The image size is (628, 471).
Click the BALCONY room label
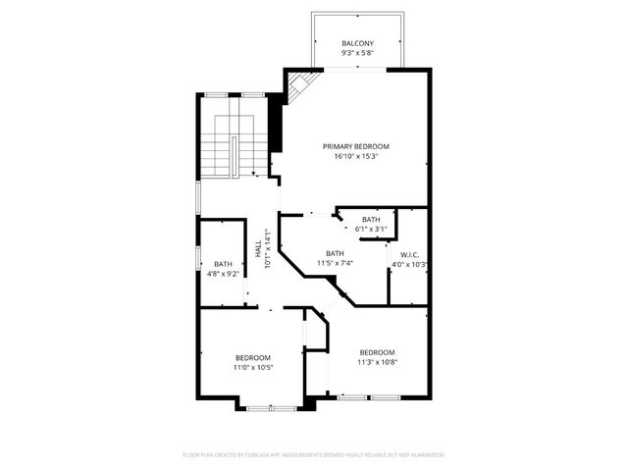coord(356,44)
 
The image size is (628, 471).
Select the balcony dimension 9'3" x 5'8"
coord(356,54)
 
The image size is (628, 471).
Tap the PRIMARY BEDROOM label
coord(355,146)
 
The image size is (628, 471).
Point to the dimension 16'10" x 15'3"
coord(355,156)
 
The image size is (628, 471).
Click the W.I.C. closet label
coord(409,254)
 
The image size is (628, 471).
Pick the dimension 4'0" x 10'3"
coord(410,264)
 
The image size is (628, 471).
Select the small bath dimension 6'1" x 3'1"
coord(370,229)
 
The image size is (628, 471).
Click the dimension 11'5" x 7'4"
coord(336,263)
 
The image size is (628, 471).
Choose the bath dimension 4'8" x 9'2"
coord(223,274)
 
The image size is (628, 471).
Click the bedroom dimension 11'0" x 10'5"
coord(252,367)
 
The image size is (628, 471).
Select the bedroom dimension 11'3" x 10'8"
coord(377,362)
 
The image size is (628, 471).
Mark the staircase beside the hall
coord(233,144)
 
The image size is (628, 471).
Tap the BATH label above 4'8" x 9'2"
coord(223,263)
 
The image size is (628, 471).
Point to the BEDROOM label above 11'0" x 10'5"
coord(252,357)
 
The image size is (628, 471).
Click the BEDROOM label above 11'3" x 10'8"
coord(377,352)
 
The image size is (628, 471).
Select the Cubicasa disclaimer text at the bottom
coord(314,455)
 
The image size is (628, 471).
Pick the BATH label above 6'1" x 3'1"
coord(370,219)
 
